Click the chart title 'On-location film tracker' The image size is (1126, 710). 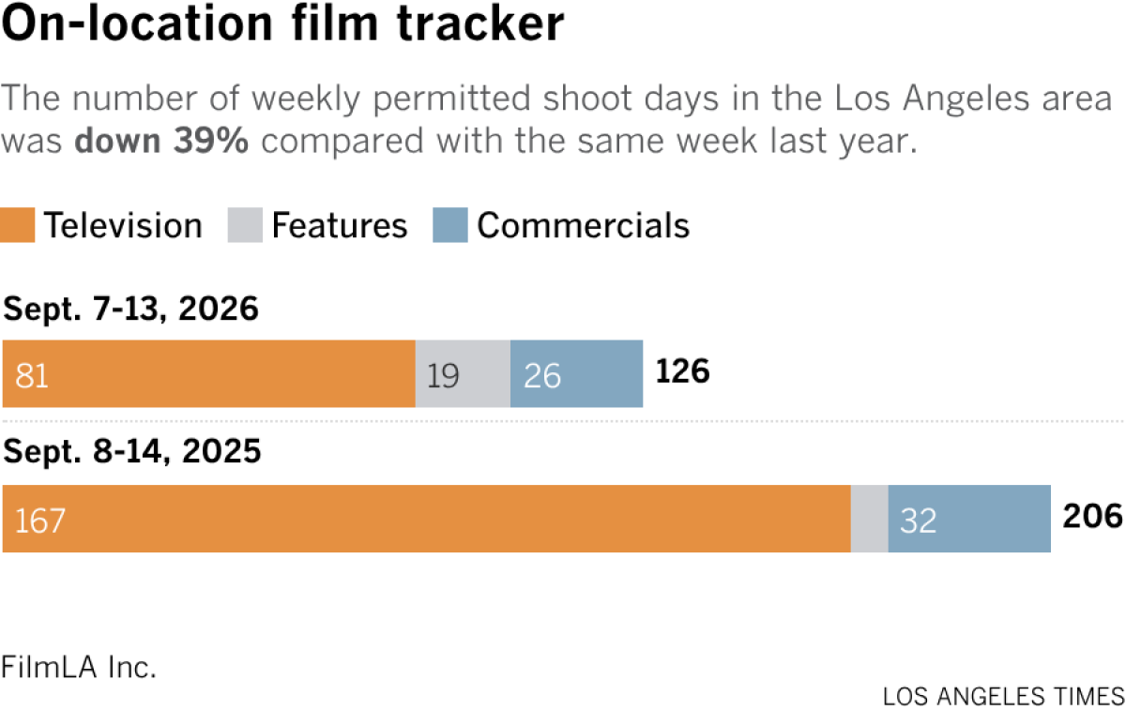pyautogui.click(x=282, y=23)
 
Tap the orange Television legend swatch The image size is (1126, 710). pyautogui.click(x=18, y=225)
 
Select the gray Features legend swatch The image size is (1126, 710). pyautogui.click(x=245, y=225)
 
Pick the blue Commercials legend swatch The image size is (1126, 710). pyautogui.click(x=450, y=225)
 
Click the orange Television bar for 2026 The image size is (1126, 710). pyautogui.click(x=209, y=374)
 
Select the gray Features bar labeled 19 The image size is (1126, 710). pyautogui.click(x=463, y=374)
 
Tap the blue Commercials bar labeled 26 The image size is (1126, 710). pyautogui.click(x=576, y=374)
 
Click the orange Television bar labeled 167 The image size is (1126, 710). pyautogui.click(x=427, y=519)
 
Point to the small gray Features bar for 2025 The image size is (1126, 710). pyautogui.click(x=870, y=519)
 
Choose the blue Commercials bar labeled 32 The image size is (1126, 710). pyautogui.click(x=969, y=519)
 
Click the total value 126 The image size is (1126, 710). pyautogui.click(x=683, y=371)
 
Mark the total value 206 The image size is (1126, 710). pyautogui.click(x=1093, y=516)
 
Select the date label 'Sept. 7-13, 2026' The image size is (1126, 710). pyautogui.click(x=130, y=308)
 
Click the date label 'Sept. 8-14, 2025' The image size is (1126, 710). pyautogui.click(x=132, y=451)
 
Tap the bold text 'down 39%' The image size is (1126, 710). pyautogui.click(x=161, y=140)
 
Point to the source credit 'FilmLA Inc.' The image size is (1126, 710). pyautogui.click(x=79, y=667)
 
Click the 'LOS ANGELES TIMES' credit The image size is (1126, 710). pyautogui.click(x=1004, y=697)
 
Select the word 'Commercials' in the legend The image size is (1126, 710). pyautogui.click(x=583, y=225)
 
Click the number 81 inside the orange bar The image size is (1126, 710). pyautogui.click(x=32, y=376)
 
